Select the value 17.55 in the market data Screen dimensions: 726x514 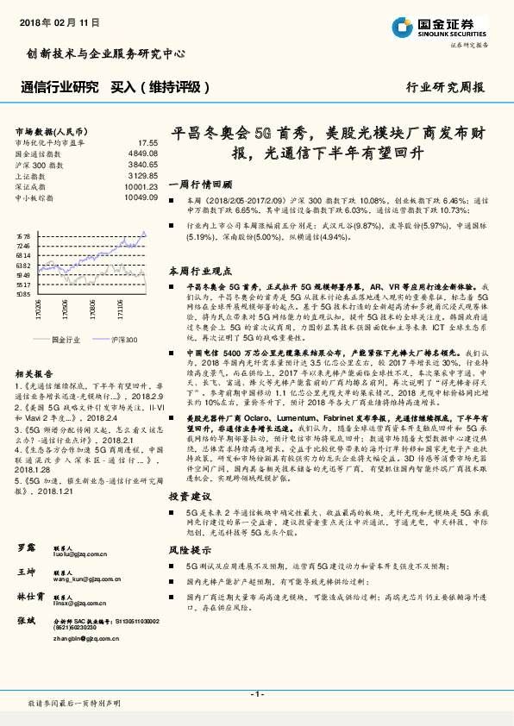pyautogui.click(x=148, y=141)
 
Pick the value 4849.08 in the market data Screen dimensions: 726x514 pyautogui.click(x=143, y=153)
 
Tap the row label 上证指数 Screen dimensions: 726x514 pyautogui.click(x=31, y=174)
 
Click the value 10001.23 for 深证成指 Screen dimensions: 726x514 pyautogui.click(x=141, y=185)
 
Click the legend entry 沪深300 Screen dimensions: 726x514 pyautogui.click(x=123, y=340)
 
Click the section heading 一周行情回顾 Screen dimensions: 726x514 pyautogui.click(x=200, y=185)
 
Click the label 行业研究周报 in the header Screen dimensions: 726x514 pyautogui.click(x=445, y=87)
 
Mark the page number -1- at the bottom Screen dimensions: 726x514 pyautogui.click(x=256, y=694)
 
